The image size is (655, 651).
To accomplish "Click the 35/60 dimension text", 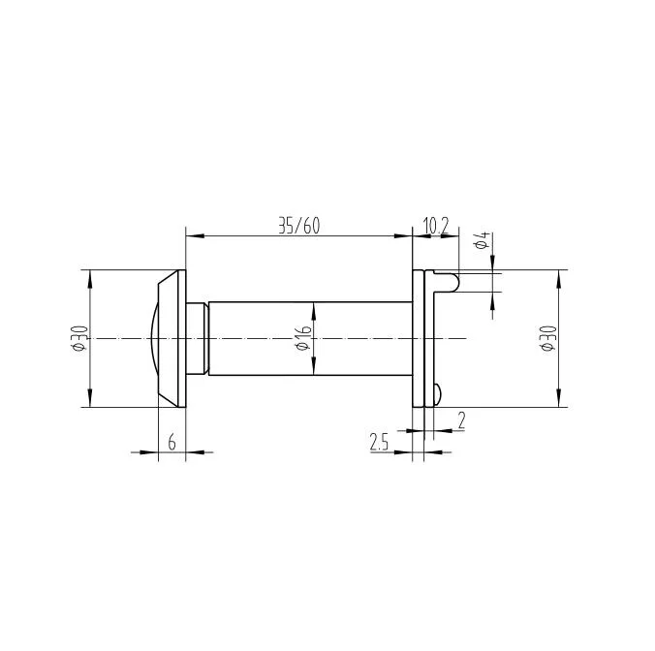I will coord(298,226).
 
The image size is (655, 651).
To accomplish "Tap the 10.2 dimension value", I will coord(436,226).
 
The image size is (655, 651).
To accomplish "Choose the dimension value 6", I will coord(172,443).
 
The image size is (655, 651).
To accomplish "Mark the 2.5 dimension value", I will coord(379,443).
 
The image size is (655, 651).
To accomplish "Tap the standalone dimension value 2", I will coord(460,419).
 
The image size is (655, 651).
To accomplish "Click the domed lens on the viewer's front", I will coord(153,338).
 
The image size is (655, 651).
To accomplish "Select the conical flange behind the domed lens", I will coord(171,338).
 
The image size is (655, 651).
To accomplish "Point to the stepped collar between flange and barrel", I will coord(198,338).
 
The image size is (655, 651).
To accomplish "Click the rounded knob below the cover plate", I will coord(438,393).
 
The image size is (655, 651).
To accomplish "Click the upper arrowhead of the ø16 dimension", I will coord(313,308).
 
